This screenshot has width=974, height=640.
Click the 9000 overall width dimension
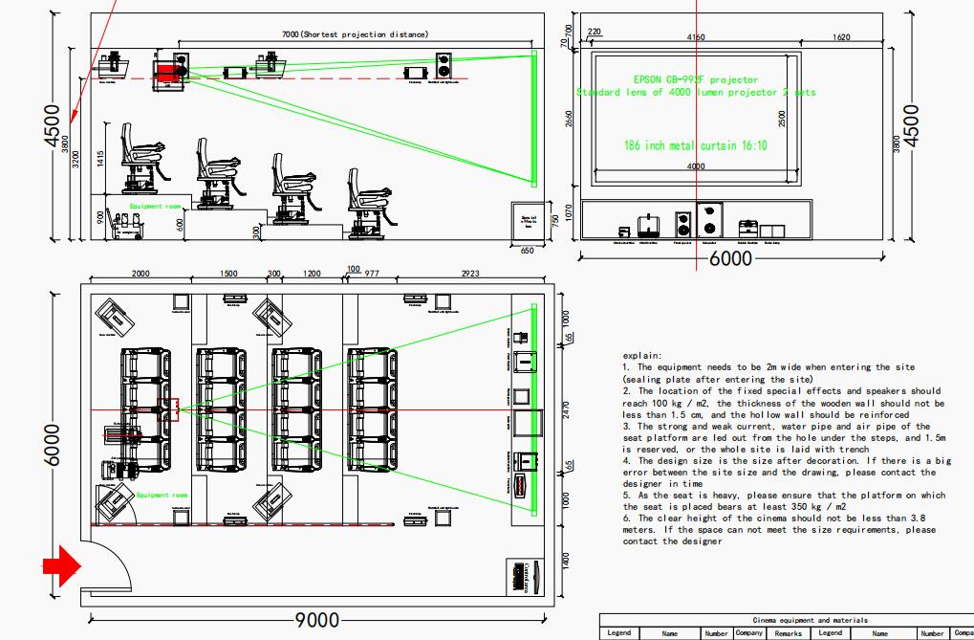tap(316, 620)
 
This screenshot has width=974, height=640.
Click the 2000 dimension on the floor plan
tap(141, 274)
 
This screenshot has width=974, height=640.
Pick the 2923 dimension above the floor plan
tap(469, 274)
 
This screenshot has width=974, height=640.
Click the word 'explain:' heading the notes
tap(641, 355)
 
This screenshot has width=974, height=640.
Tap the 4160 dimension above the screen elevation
tap(696, 37)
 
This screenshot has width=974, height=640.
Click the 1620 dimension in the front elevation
tap(842, 37)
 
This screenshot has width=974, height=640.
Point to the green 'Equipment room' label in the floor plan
tap(162, 496)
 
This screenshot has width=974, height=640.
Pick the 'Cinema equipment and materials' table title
tap(786, 620)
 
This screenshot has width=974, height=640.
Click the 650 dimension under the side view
tap(528, 251)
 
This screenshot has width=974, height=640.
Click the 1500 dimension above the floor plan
tap(229, 274)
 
